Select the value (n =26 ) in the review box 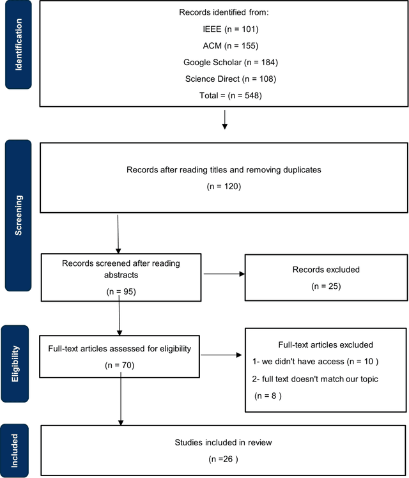click(224, 459)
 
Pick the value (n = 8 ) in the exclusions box click(268, 396)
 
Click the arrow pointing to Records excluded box click(224, 274)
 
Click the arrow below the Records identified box click(224, 120)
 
